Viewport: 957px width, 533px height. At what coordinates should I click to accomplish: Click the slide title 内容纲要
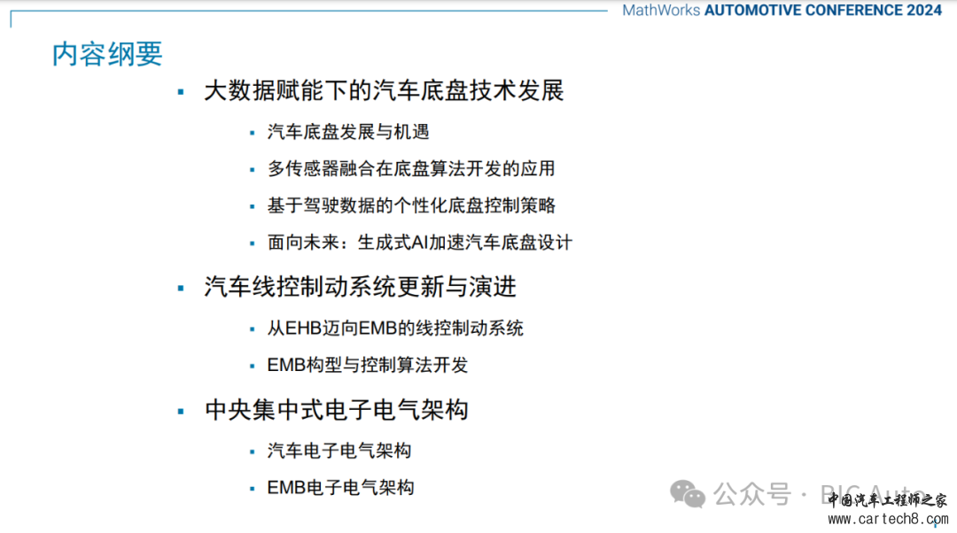(x=107, y=54)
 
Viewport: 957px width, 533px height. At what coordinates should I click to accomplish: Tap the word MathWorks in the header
(x=661, y=11)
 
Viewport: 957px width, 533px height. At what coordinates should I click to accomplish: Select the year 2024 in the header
(x=924, y=11)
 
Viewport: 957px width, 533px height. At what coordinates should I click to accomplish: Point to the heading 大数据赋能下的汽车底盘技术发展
(x=384, y=91)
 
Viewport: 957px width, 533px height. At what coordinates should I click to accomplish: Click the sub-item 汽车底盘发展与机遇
(x=348, y=132)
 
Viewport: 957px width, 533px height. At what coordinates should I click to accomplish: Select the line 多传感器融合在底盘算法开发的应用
(x=411, y=169)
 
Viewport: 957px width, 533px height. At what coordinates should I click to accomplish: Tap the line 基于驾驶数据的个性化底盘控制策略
(x=411, y=205)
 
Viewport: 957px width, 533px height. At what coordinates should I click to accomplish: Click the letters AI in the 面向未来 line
(x=419, y=243)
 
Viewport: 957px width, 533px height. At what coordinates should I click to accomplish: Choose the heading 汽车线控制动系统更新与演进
(x=360, y=287)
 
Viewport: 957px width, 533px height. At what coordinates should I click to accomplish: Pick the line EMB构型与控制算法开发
(x=368, y=366)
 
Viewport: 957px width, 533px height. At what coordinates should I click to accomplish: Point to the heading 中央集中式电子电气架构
(x=337, y=410)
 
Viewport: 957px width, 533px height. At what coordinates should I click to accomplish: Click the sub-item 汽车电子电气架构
(x=339, y=451)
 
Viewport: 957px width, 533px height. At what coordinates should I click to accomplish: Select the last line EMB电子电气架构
(x=340, y=488)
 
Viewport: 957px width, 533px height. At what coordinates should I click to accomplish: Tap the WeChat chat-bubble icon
(x=688, y=493)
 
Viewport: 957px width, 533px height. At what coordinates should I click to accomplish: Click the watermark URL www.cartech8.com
(x=888, y=519)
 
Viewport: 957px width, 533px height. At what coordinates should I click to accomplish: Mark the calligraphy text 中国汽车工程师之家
(x=887, y=500)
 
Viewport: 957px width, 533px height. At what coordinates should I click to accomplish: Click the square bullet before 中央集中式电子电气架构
(x=181, y=411)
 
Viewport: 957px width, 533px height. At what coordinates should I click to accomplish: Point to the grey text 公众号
(x=752, y=494)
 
